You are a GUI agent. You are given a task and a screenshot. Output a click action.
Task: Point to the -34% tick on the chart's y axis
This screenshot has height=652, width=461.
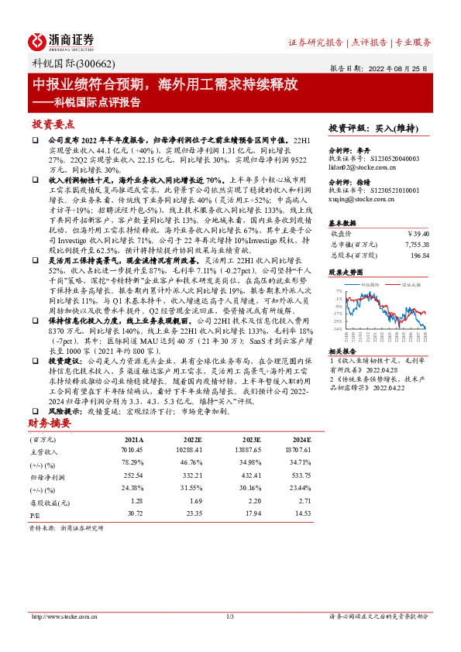click(338, 329)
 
